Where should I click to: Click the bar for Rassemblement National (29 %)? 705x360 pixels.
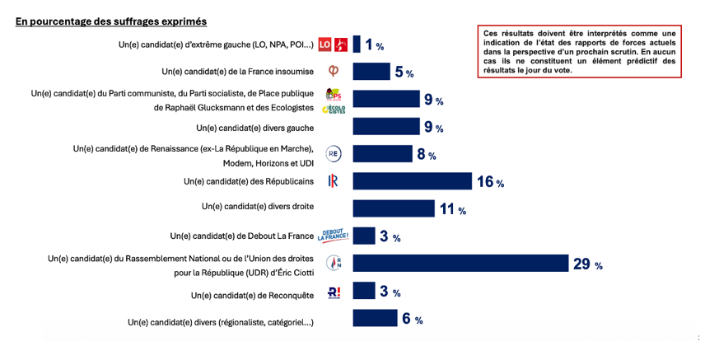pos(460,263)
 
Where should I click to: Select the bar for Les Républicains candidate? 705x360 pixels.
pos(412,181)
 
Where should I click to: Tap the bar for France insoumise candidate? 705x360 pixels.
pos(371,72)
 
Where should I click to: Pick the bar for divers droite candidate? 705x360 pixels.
pos(394,208)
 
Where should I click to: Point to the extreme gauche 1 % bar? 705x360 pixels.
pos(357,44)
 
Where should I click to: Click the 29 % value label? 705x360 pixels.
pos(587,264)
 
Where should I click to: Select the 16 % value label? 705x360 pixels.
pos(489,182)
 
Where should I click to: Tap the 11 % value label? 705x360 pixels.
pos(452,209)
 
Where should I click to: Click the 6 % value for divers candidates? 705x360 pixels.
pos(412,320)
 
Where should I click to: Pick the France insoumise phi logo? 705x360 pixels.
pos(333,72)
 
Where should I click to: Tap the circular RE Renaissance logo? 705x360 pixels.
pos(334,153)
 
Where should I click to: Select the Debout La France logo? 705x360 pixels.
pos(334,236)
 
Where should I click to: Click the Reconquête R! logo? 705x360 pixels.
pos(334,292)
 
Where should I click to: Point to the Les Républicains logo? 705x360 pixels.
pos(334,181)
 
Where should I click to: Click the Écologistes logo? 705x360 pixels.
pos(334,109)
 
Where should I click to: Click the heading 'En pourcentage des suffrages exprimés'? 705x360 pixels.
pos(111,21)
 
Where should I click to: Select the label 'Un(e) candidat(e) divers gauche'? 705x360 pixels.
pos(255,127)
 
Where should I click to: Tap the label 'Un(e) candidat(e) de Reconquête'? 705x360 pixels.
pos(253,294)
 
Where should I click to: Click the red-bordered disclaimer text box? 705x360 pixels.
pos(578,52)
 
